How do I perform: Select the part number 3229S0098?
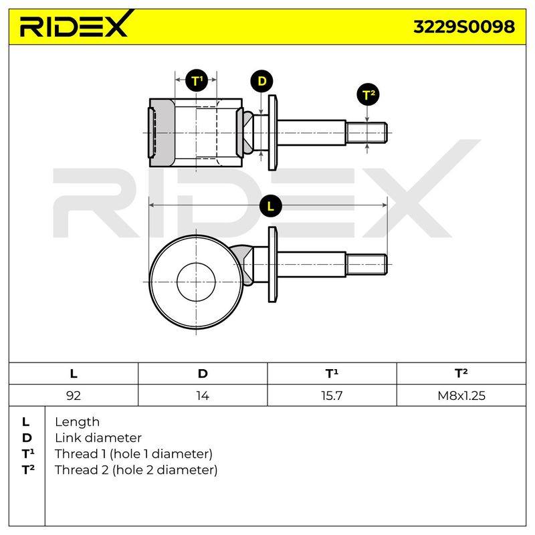point(464,27)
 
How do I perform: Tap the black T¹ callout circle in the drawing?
point(197,80)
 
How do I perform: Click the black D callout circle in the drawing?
point(261,82)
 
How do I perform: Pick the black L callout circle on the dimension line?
point(271,206)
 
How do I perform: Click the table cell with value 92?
point(74,395)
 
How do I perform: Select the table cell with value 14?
point(203,395)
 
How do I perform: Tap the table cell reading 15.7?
point(332,395)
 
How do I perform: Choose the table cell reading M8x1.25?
point(461,395)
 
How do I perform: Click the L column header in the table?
point(74,374)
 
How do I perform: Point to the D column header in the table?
point(203,374)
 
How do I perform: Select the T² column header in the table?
point(461,374)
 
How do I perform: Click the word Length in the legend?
point(77,422)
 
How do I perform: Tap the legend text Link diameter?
point(98,438)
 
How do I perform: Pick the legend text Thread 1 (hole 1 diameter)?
point(133,454)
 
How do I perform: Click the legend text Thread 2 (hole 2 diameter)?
point(136,470)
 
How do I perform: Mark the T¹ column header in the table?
point(332,374)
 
